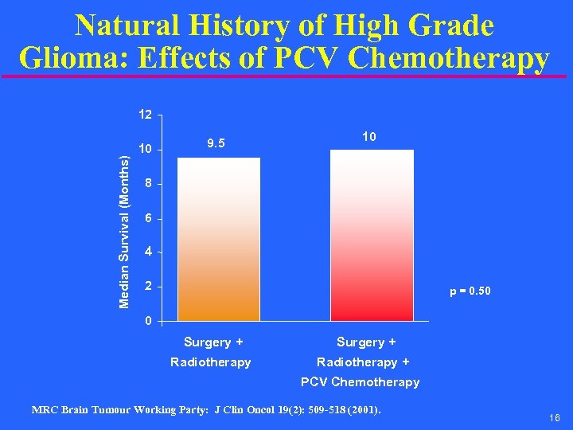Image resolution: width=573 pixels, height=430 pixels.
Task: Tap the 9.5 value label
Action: point(216,144)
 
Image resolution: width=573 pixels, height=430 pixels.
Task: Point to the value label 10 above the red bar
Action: point(368,137)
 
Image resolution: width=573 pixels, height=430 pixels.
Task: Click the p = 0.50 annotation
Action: point(470,291)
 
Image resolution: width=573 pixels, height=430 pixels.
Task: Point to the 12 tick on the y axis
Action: point(144,115)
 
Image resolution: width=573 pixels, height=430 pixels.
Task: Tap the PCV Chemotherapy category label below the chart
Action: point(360,382)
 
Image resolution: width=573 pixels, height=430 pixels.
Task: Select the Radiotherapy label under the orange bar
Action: point(210,362)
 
